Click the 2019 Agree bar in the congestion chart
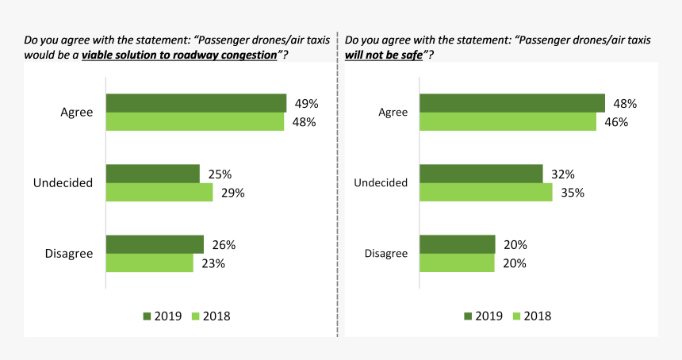(196, 103)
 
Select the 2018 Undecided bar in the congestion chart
(159, 192)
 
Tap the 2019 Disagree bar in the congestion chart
(155, 244)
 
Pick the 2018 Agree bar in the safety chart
(508, 121)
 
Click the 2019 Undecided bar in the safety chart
(481, 174)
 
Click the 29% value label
(234, 193)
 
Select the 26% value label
(224, 245)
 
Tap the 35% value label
(572, 193)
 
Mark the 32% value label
(562, 174)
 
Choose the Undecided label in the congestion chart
(63, 183)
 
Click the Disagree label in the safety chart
(385, 254)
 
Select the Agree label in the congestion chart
(77, 113)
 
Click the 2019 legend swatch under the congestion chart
(148, 316)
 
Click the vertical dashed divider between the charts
(339, 190)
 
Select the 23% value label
(213, 263)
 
